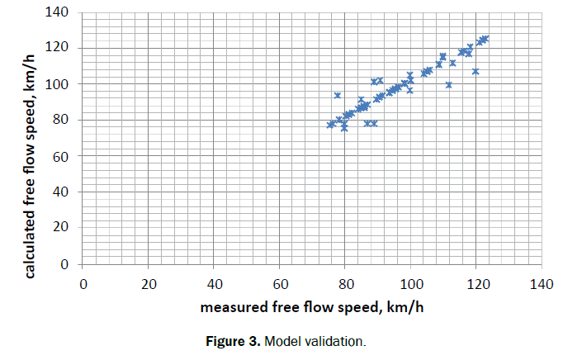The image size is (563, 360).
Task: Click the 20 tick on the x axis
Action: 149,285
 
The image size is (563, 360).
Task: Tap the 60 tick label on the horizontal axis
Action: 279,285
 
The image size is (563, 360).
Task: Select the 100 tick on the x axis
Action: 410,285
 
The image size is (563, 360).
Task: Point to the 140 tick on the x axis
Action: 541,285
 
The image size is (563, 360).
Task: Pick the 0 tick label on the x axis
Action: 83,285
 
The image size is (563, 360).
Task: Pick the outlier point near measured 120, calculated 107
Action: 475,72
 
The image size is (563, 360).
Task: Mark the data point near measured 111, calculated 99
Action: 448,85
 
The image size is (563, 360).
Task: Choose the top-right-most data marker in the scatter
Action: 485,38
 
